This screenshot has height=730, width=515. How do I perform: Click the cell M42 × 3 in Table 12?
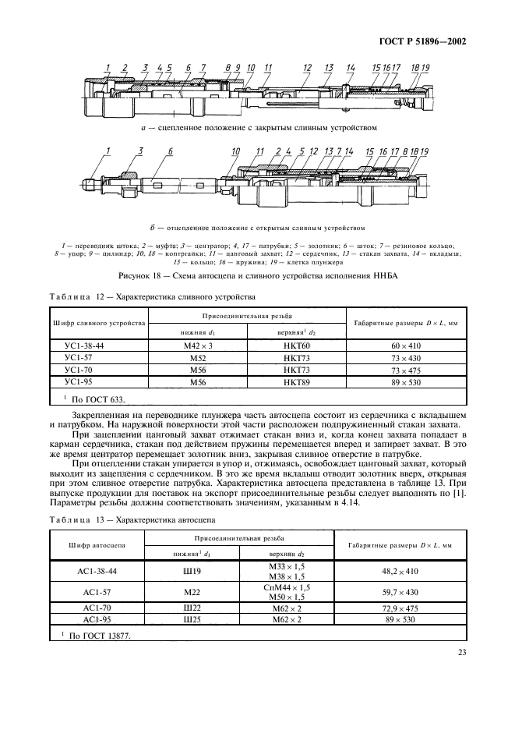[x=198, y=344]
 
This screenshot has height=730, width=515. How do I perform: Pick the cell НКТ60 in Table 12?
[x=297, y=344]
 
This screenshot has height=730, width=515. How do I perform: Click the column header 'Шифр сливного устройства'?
[x=98, y=322]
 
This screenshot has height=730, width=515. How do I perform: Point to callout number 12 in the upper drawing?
[x=307, y=68]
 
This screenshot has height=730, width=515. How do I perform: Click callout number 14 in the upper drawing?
[x=350, y=68]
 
